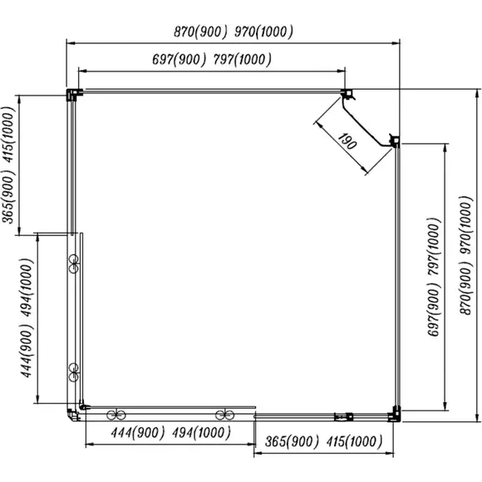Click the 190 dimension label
(x=347, y=142)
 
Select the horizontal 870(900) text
(x=201, y=32)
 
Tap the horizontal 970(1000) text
(x=263, y=32)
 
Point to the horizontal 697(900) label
(x=179, y=59)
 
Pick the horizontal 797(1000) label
(x=242, y=59)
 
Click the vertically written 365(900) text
(x=8, y=197)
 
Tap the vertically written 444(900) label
(x=27, y=351)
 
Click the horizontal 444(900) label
(x=138, y=433)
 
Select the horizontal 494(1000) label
(x=201, y=433)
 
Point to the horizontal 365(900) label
(x=292, y=442)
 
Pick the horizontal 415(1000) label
(x=354, y=442)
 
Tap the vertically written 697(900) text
(x=434, y=309)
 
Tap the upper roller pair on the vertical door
(x=74, y=263)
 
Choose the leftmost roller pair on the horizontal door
(x=116, y=415)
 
